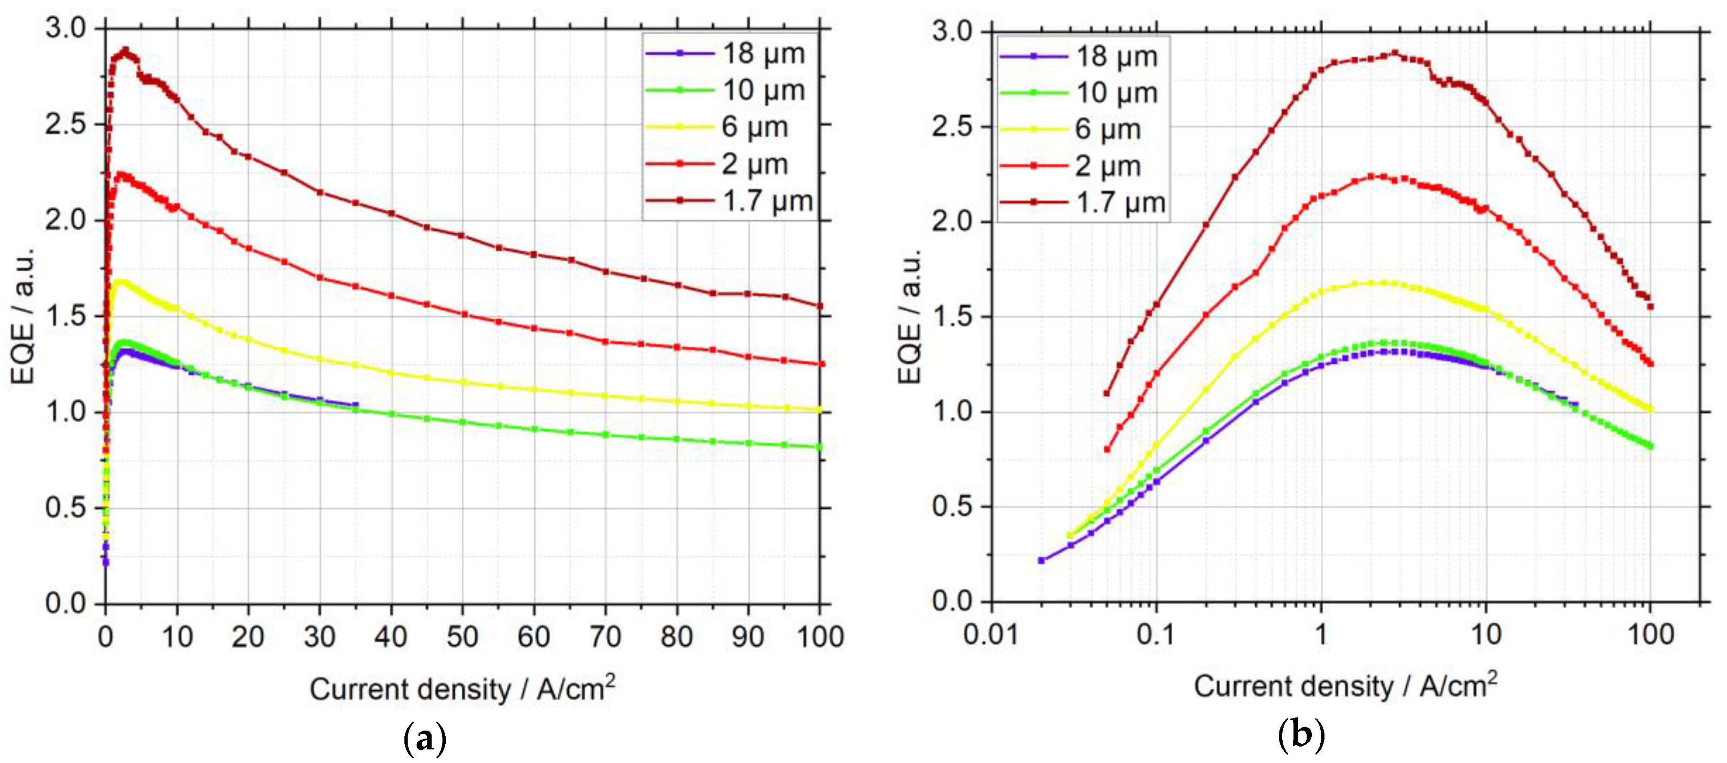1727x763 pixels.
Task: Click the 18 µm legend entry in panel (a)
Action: [x=763, y=53]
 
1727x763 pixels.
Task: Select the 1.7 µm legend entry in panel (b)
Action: [x=1120, y=202]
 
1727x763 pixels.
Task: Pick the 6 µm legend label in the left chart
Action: [x=754, y=127]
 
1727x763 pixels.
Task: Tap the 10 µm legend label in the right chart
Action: [x=1116, y=92]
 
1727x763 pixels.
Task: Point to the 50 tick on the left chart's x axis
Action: [x=462, y=636]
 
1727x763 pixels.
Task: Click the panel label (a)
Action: [x=425, y=739]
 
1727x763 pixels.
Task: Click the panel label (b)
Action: [x=1301, y=735]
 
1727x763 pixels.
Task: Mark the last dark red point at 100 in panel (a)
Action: [x=819, y=306]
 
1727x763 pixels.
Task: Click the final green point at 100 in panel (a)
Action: [x=819, y=447]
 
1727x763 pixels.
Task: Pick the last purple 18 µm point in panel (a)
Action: [x=356, y=404]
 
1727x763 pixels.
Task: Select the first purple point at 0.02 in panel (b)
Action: [x=1041, y=560]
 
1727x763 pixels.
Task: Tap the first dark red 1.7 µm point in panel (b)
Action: [x=1107, y=393]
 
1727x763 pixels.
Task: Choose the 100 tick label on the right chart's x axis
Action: [x=1650, y=633]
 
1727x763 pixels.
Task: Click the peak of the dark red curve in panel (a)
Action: [x=124, y=50]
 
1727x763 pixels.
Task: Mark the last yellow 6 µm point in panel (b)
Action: [x=1650, y=409]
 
